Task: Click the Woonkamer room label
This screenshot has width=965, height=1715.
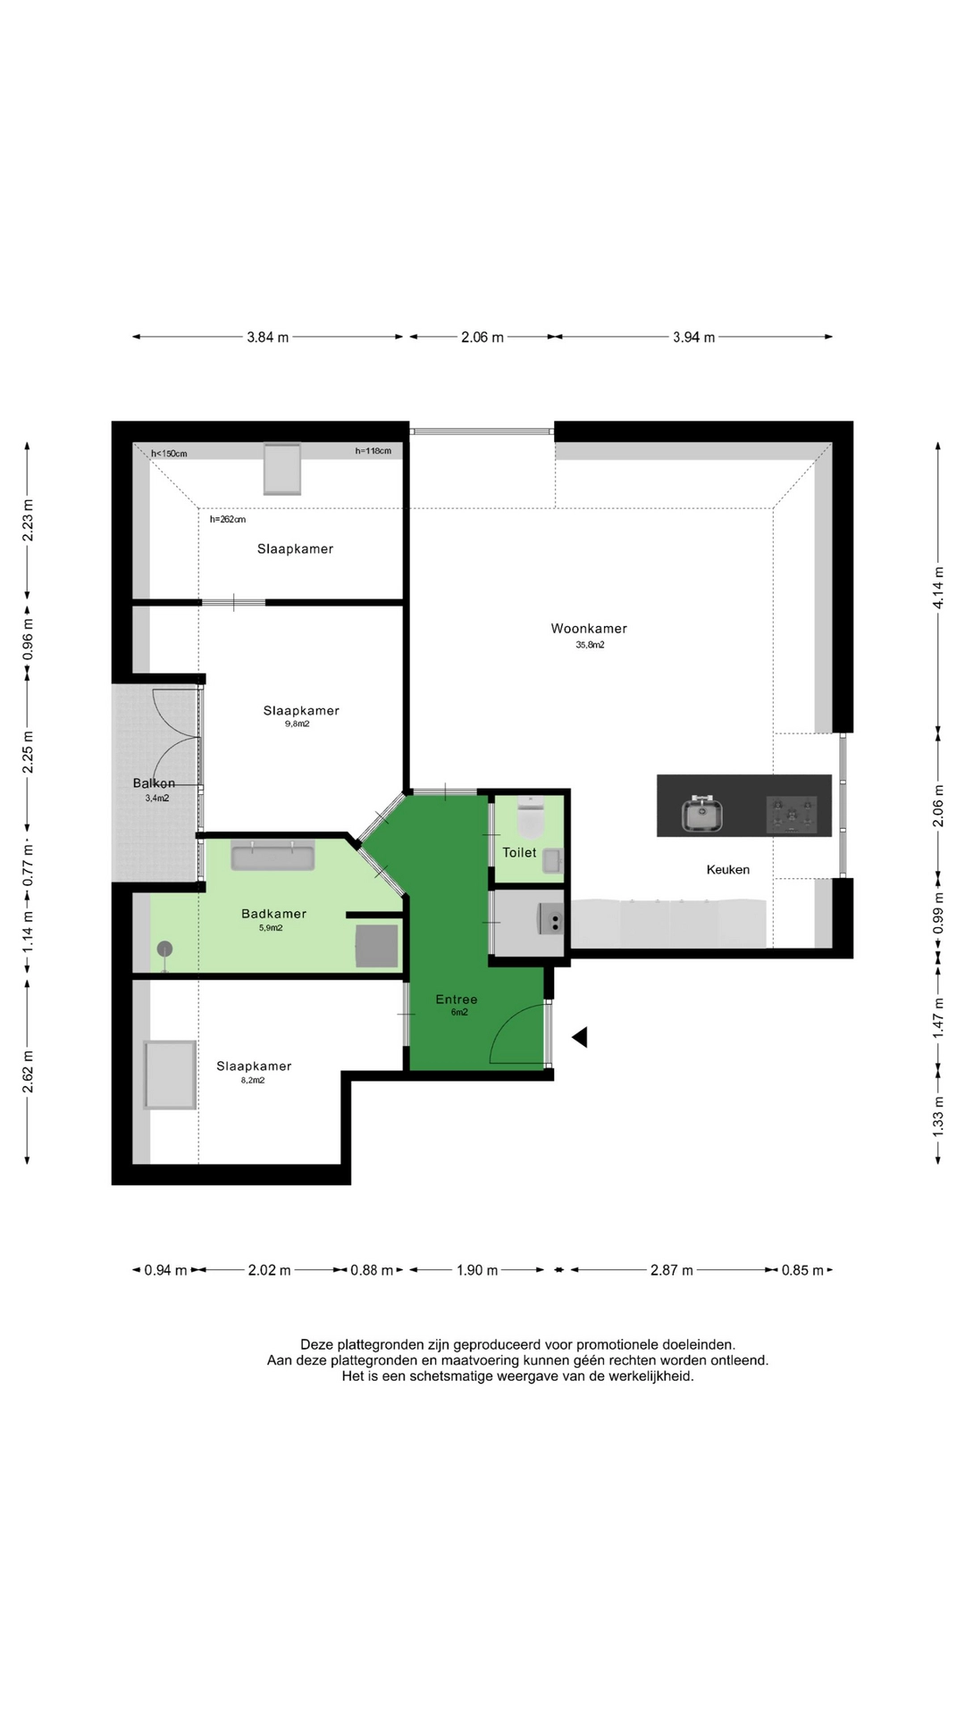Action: (589, 629)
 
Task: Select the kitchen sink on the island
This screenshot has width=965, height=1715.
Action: (702, 815)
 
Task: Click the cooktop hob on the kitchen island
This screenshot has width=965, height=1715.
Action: (792, 815)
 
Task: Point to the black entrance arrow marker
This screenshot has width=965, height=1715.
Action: (580, 1037)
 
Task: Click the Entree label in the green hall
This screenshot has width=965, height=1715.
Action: (457, 1000)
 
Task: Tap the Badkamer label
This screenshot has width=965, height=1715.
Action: (273, 914)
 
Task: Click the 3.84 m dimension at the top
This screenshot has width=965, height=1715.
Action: (268, 338)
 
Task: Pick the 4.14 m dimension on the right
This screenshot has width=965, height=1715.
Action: (938, 588)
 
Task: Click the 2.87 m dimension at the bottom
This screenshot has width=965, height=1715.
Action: (671, 1270)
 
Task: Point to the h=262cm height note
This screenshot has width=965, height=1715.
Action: (228, 519)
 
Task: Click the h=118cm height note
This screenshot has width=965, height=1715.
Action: (373, 451)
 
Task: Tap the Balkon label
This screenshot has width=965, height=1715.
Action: (154, 783)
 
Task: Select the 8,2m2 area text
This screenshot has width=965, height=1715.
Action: (253, 1080)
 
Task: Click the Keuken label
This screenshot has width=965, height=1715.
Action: (727, 870)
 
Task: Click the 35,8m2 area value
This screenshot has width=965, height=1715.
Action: (590, 645)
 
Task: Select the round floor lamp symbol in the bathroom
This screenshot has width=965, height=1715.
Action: (164, 950)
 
